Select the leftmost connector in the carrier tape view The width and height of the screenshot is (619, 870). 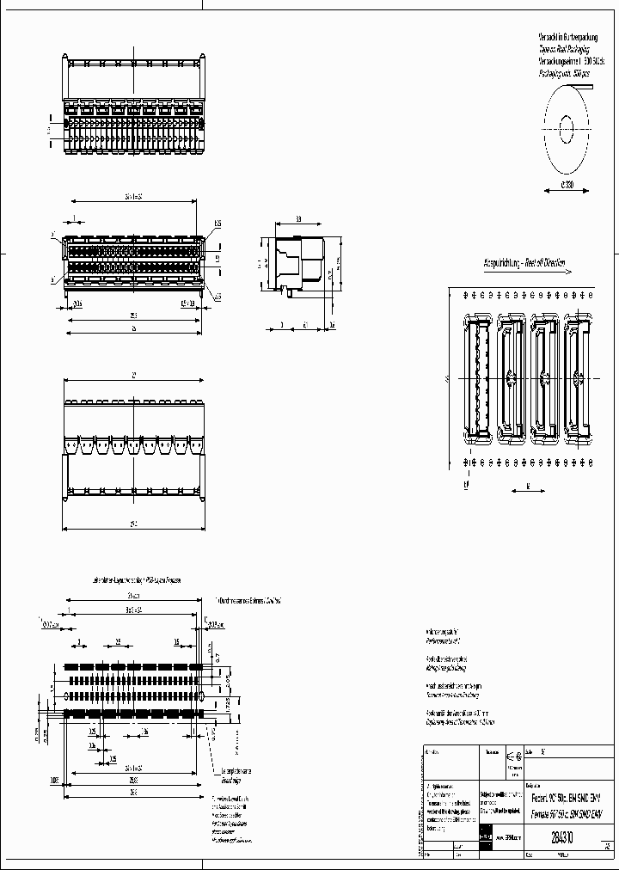(x=477, y=377)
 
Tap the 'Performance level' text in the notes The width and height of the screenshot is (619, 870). (x=444, y=641)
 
